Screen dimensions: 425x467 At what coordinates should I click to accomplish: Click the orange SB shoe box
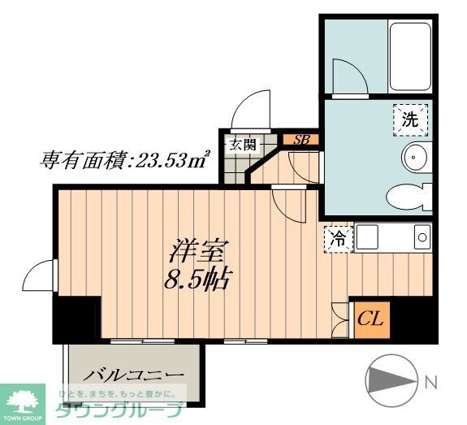tap(301, 139)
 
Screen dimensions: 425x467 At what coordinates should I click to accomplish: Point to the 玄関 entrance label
tap(241, 145)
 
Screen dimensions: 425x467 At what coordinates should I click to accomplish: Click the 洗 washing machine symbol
tap(411, 119)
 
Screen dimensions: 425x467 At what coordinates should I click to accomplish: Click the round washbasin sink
tap(415, 156)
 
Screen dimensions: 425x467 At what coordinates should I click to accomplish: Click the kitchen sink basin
tap(422, 238)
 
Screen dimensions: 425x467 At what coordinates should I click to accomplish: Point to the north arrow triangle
tap(390, 379)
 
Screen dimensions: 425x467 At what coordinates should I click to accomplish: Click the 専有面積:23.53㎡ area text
tap(125, 160)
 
